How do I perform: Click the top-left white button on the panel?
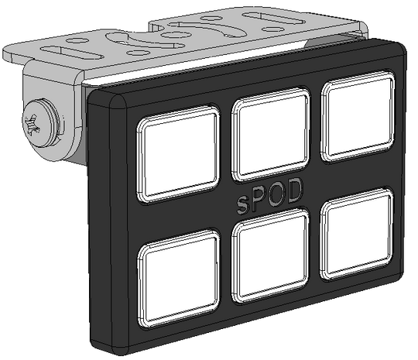coord(178,154)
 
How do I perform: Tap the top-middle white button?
coord(271,135)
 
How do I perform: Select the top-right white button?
coord(358,116)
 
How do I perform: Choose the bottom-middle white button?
coord(271,255)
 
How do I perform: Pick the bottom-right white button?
coord(357,234)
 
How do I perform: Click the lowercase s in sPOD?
coord(242,204)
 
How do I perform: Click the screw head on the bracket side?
coord(40,122)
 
